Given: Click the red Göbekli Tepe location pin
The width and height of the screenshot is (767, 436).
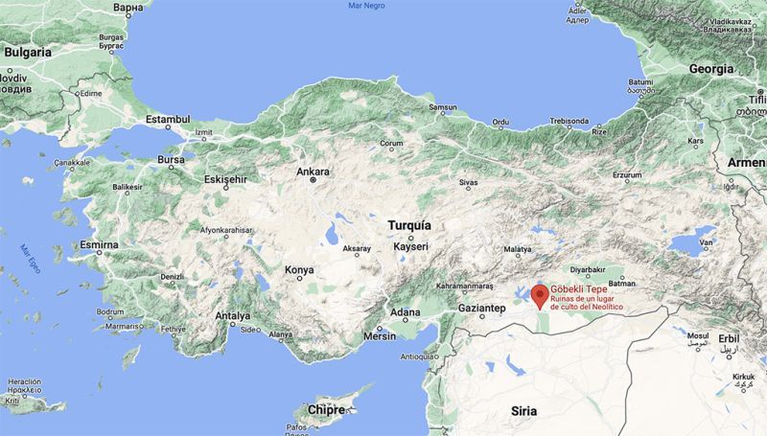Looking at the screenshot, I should tap(540, 294).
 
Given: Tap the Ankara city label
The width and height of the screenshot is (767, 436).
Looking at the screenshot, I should tap(314, 172).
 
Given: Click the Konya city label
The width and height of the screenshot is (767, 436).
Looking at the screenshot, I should tap(299, 270).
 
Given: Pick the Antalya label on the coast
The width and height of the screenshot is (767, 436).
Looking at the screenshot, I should tap(233, 315).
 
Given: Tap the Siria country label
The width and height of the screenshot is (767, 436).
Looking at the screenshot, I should tap(523, 410).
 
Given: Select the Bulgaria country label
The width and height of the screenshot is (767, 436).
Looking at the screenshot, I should tap(28, 54).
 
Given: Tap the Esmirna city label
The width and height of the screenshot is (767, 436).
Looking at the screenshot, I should tap(100, 245).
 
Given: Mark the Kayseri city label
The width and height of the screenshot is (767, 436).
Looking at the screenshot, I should tap(410, 246).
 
